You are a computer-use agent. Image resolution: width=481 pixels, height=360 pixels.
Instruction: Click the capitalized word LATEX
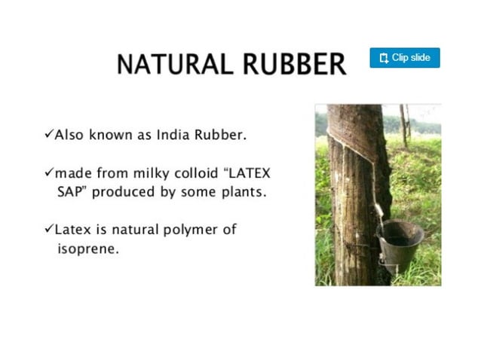click(x=250, y=173)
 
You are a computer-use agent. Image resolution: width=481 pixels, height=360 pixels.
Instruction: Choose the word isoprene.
click(x=87, y=248)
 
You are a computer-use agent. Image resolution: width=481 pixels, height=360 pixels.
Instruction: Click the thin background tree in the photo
click(x=403, y=124)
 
